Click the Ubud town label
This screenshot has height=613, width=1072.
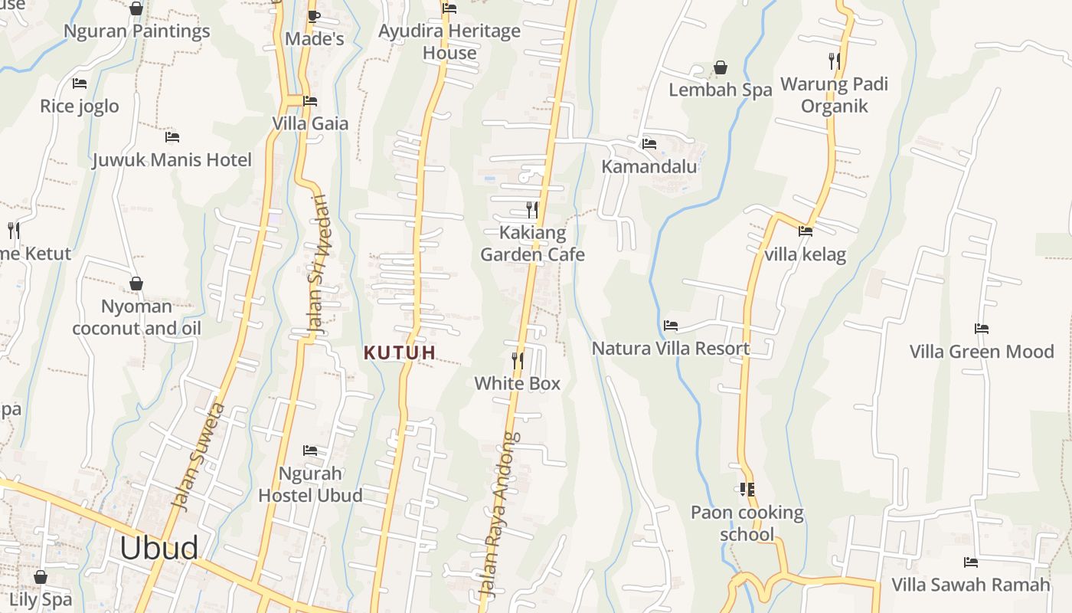tap(159, 548)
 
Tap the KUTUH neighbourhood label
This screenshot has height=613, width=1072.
tap(400, 352)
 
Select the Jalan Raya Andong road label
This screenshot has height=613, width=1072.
tap(498, 515)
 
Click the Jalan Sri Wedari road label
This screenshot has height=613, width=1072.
tap(317, 264)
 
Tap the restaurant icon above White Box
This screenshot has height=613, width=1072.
tap(518, 360)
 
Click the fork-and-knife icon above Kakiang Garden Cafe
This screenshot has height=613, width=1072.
tap(532, 209)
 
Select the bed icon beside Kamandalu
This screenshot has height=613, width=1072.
tap(649, 143)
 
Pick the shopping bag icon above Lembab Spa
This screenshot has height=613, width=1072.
tap(721, 67)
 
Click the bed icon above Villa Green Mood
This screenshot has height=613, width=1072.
tap(982, 329)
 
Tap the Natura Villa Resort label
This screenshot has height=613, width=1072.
tap(671, 349)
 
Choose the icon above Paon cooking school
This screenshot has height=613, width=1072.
tap(747, 489)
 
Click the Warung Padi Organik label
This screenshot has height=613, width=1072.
tap(835, 94)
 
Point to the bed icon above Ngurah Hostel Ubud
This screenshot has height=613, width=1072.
tap(310, 450)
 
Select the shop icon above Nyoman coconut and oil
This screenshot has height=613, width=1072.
tap(136, 284)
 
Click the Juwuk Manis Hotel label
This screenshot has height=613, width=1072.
tap(172, 160)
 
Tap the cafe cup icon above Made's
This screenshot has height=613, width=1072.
tap(314, 16)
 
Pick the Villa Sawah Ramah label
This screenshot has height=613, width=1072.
tap(971, 585)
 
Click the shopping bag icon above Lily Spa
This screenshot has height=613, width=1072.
tap(41, 576)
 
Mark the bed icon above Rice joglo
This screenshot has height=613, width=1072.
tap(80, 83)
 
